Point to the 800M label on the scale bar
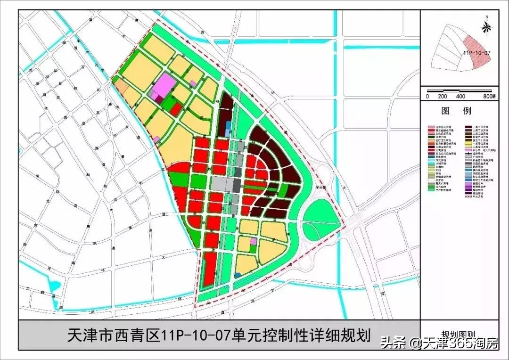pos(489,96)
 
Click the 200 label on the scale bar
pos(442,96)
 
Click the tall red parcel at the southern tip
pos(210,269)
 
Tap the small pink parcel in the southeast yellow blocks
pos(254,241)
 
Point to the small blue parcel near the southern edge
pos(238,274)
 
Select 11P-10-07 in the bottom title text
pos(194,336)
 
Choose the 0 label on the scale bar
pos(427,96)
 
